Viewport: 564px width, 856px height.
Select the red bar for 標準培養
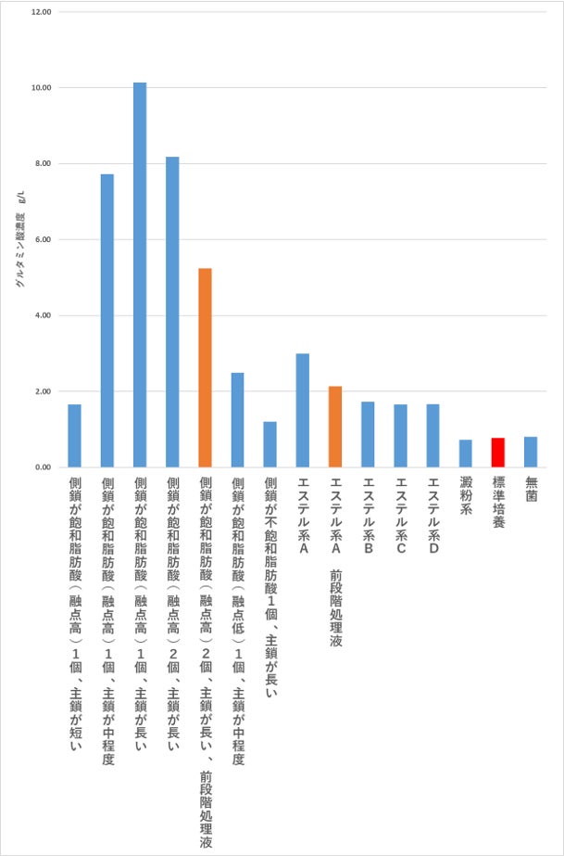click(x=497, y=453)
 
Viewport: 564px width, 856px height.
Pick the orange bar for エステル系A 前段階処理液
click(x=335, y=427)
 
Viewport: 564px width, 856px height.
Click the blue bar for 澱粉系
click(x=465, y=454)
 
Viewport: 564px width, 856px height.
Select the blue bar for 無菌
click(x=531, y=452)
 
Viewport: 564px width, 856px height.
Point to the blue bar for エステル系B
click(x=368, y=434)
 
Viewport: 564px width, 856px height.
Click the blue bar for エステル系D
click(x=432, y=436)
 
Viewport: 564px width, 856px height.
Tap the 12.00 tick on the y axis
click(x=42, y=12)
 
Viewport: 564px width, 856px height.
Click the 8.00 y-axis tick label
click(x=42, y=164)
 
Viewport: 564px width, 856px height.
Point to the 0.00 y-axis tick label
click(x=42, y=467)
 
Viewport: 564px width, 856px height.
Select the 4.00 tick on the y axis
click(x=42, y=315)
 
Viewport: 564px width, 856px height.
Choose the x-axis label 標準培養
click(x=498, y=503)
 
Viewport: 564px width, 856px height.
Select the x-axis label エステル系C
click(x=400, y=516)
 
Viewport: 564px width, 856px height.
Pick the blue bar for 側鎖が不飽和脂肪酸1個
click(x=269, y=444)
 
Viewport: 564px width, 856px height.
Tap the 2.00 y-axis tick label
click(x=42, y=391)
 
